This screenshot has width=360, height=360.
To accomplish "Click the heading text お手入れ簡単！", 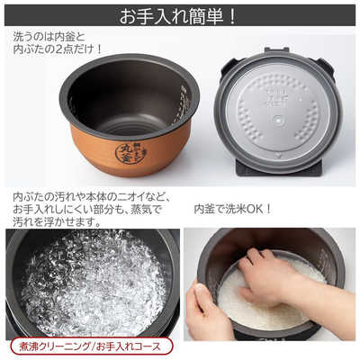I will point(180,15).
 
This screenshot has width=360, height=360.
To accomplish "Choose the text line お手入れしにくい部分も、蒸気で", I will point(86,209).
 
